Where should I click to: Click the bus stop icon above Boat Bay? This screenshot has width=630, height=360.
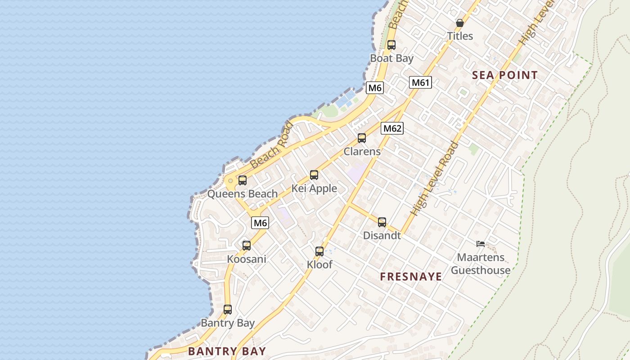pyautogui.click(x=391, y=45)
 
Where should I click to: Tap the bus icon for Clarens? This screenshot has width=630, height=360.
pyautogui.click(x=362, y=138)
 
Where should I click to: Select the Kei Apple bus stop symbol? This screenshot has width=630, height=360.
pyautogui.click(x=314, y=175)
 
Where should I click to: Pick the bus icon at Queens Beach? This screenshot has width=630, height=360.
pyautogui.click(x=243, y=180)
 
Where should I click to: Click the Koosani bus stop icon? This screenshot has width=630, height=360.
pyautogui.click(x=247, y=246)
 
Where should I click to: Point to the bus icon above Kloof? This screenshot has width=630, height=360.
pyautogui.click(x=319, y=252)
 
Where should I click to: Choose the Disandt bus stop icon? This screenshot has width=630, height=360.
pyautogui.click(x=382, y=222)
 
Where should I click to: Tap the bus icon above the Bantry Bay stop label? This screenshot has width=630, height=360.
pyautogui.click(x=228, y=310)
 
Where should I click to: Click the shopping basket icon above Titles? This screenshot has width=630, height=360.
pyautogui.click(x=460, y=22)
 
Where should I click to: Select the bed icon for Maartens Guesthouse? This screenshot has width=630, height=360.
pyautogui.click(x=481, y=244)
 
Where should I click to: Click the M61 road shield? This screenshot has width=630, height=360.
pyautogui.click(x=421, y=82)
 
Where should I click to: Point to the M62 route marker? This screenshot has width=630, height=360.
pyautogui.click(x=392, y=128)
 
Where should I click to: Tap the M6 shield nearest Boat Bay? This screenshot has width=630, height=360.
pyautogui.click(x=375, y=88)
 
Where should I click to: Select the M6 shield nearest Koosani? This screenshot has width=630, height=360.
pyautogui.click(x=260, y=222)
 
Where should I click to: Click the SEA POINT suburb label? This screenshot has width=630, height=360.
pyautogui.click(x=505, y=75)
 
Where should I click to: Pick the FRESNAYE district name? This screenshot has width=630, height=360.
pyautogui.click(x=411, y=277)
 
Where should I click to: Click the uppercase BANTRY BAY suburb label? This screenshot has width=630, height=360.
pyautogui.click(x=227, y=351)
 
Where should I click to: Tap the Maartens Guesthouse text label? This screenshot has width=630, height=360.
pyautogui.click(x=481, y=264)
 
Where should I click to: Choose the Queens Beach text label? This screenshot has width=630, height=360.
pyautogui.click(x=242, y=194)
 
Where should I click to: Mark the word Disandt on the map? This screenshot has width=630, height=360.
pyautogui.click(x=382, y=235)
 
